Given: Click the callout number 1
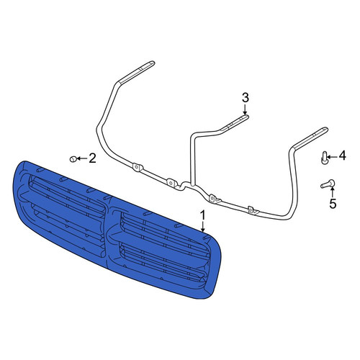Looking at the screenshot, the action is point(203,215).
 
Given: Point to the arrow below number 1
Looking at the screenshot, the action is point(203,226).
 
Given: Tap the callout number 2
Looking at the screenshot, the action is point(92,158).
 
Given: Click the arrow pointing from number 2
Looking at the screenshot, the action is point(83,158).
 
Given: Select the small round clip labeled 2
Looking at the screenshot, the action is point(73,158).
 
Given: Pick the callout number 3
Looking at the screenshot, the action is point(245,98).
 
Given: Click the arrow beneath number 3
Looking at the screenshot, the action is point(245,109).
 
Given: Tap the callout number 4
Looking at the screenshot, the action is point(342,156).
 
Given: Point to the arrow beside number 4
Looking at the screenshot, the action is point(332,157).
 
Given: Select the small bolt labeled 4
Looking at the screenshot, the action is point(324,158).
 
